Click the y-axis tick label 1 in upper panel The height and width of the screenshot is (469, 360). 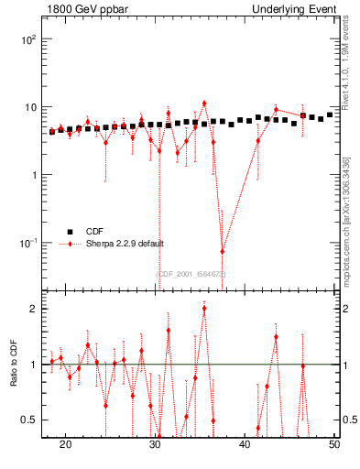35,175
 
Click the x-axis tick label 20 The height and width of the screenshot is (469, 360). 65,445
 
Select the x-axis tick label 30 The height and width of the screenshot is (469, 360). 155,445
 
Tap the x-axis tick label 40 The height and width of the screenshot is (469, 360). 245,445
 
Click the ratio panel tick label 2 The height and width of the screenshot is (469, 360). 35,309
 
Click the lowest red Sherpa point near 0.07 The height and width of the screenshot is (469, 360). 222,251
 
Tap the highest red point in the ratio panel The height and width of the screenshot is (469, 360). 204,309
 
